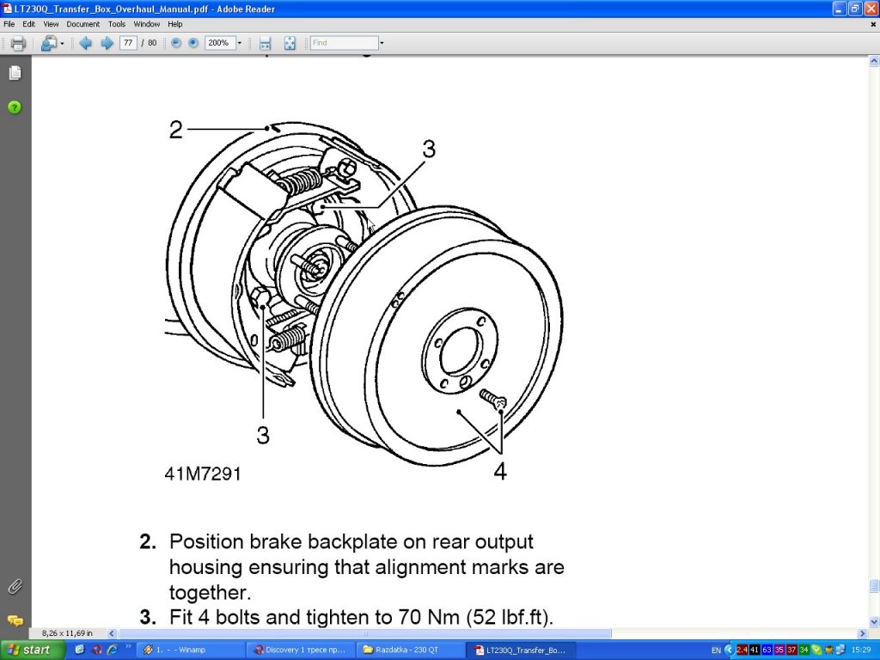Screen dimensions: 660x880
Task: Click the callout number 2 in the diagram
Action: tap(176, 130)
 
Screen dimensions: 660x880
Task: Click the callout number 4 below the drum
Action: tap(499, 471)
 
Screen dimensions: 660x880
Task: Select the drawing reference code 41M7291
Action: tap(203, 474)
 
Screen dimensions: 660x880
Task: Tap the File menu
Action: tap(9, 24)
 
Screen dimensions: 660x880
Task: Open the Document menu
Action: tap(82, 24)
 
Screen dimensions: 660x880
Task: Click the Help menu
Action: tap(175, 24)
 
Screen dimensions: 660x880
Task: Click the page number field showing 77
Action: tap(128, 43)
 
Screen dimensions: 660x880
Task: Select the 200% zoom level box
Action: tap(219, 43)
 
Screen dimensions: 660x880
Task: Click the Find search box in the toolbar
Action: tap(343, 43)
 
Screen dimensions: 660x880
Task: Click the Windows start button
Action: tap(31, 650)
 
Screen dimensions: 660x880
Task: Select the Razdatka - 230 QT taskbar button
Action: tap(410, 650)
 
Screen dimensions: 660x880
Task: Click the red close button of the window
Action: tap(871, 8)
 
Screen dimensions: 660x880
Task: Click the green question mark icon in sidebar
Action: tap(15, 107)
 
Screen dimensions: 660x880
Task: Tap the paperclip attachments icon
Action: tap(15, 587)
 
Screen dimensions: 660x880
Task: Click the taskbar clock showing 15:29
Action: tap(862, 650)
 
